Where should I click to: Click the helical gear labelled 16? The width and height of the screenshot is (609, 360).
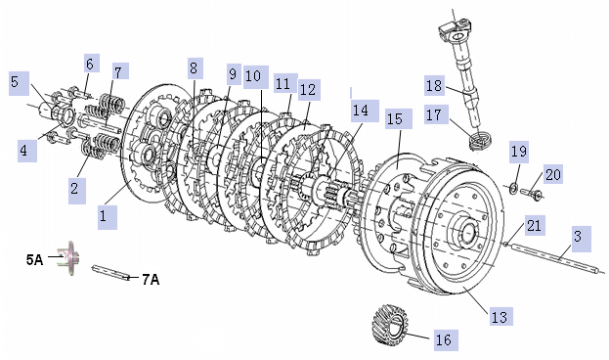[x=390, y=324]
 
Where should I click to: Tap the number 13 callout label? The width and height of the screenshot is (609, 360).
[x=500, y=317]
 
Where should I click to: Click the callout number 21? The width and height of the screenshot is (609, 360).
[x=534, y=225]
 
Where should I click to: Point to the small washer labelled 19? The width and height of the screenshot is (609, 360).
[x=512, y=189]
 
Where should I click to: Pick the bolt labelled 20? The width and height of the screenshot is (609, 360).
[x=531, y=194]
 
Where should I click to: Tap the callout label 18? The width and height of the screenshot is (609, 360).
[x=434, y=85]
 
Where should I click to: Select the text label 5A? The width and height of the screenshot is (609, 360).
[x=34, y=259]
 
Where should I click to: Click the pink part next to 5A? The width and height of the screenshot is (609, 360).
[x=68, y=257]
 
